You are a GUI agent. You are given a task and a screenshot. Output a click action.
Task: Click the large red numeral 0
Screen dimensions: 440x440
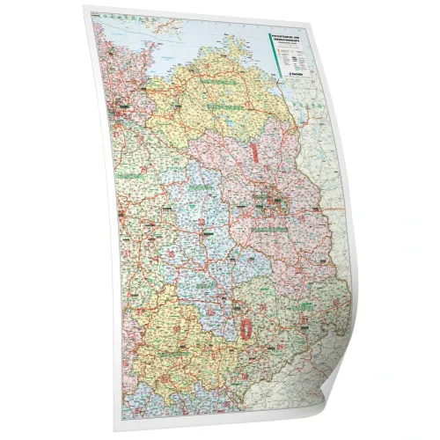pyautogui.click(x=244, y=327)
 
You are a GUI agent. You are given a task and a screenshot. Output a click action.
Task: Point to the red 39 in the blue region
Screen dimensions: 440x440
pyautogui.click(x=204, y=233)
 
